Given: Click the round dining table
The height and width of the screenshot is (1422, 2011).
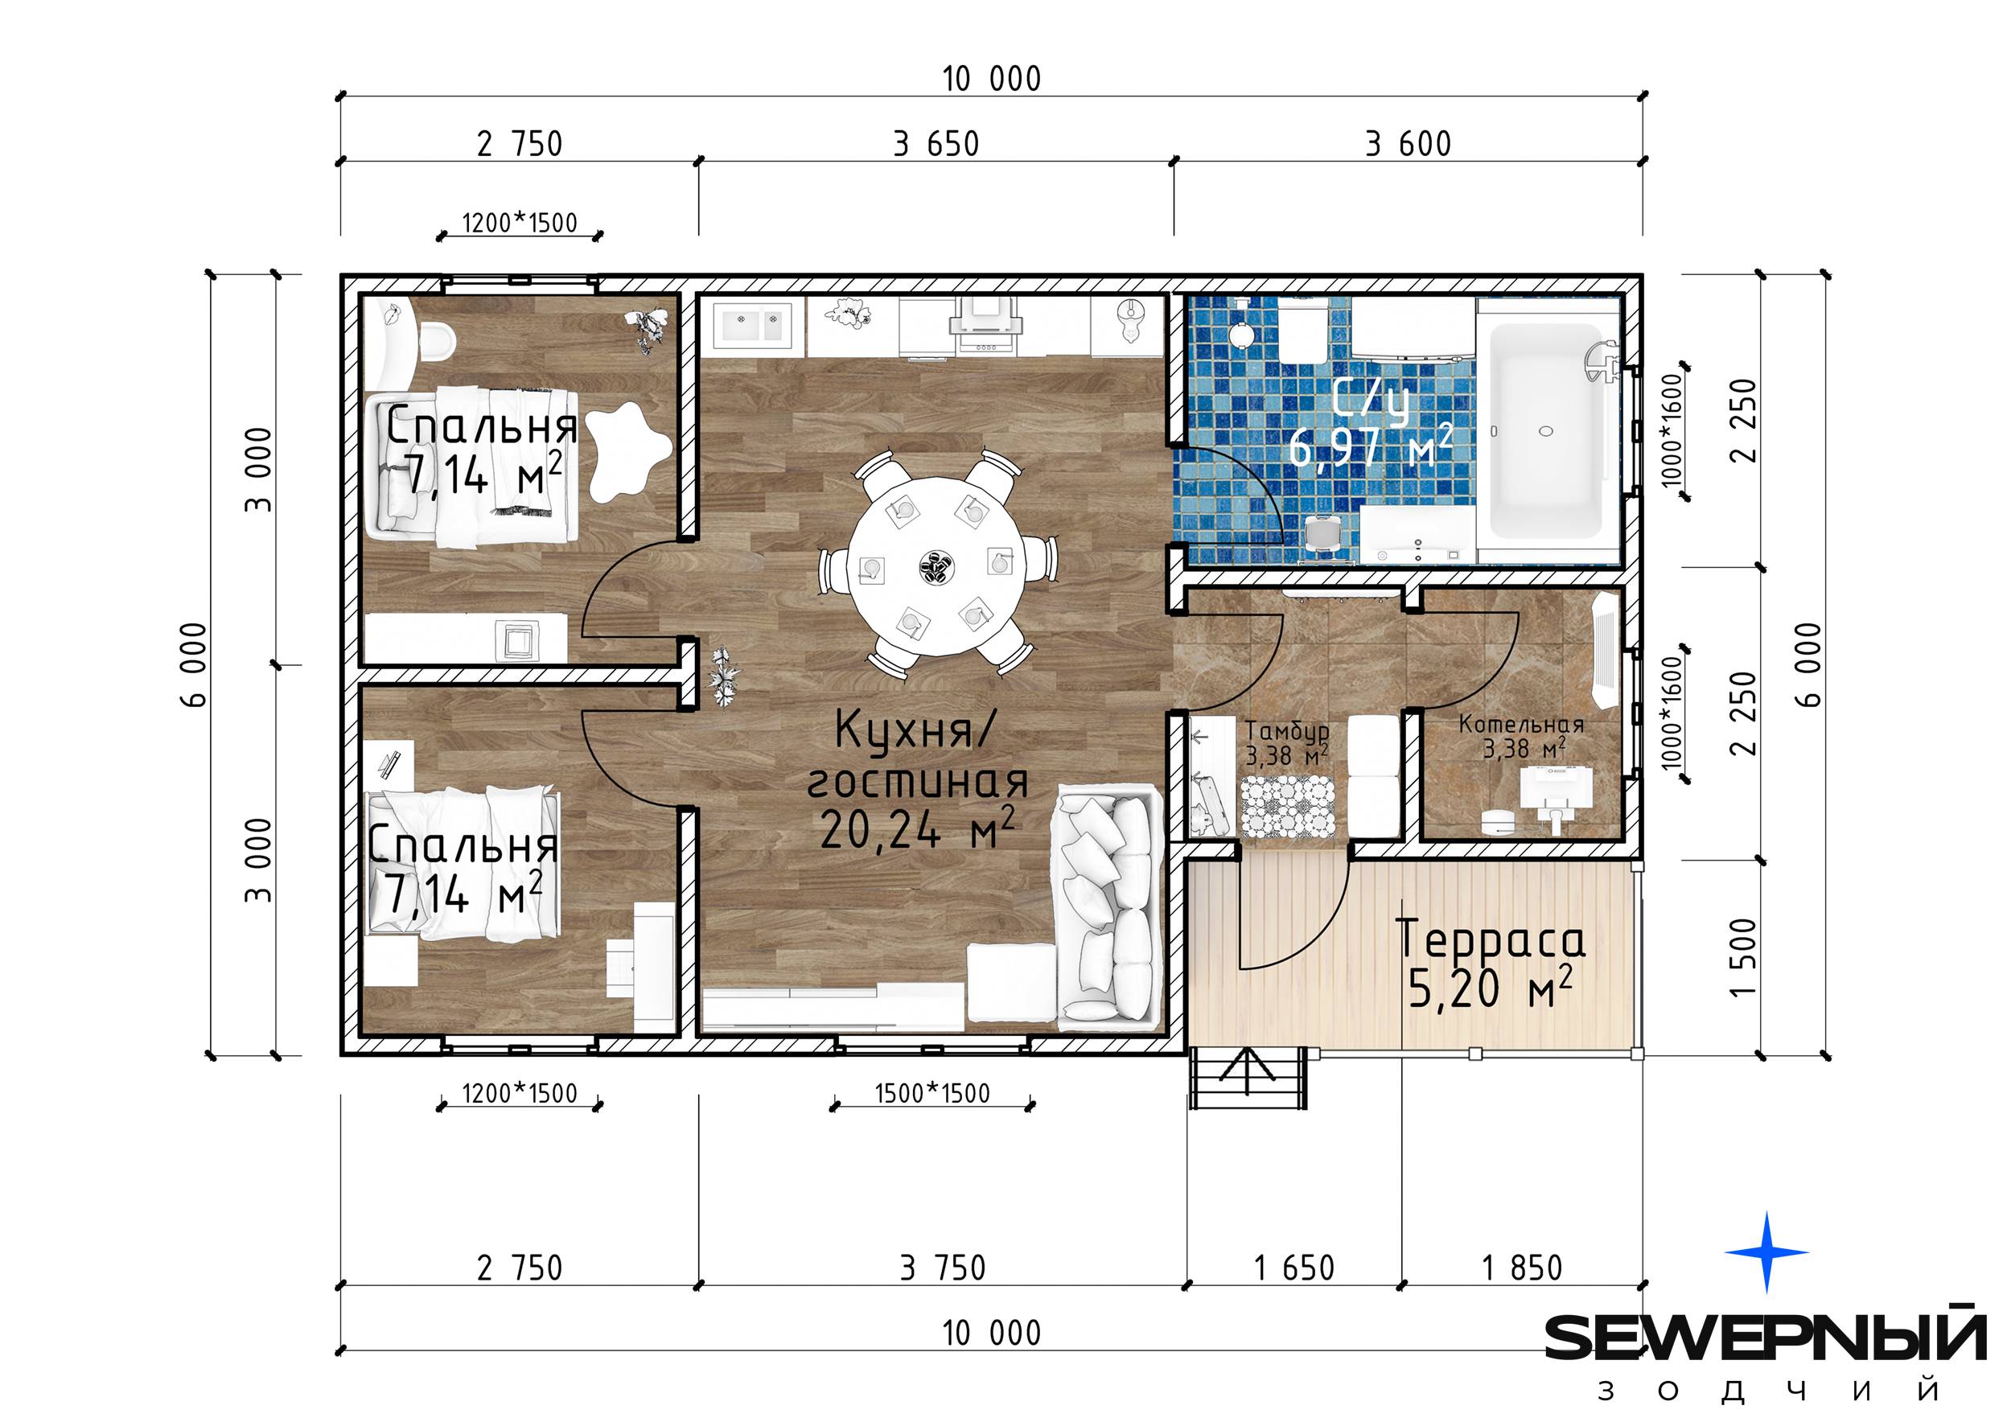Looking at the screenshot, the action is point(936,566).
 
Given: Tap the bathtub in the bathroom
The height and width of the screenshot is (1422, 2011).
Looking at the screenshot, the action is point(1547,431).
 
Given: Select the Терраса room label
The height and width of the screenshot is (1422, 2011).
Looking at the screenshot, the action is point(1490,939).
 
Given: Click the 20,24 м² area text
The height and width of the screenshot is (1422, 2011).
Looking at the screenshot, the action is point(917,828).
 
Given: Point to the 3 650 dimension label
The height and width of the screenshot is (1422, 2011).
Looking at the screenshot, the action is point(936,144).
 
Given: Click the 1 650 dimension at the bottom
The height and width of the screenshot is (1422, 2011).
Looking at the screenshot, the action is point(1293,1268).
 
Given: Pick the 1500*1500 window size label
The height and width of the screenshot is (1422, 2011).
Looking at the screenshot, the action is point(932,1094).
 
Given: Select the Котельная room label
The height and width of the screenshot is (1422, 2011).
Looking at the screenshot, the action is point(1521,725).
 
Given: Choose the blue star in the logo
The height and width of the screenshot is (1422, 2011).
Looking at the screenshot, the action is point(1766,1252).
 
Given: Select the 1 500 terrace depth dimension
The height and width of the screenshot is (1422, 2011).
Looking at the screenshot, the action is point(1744,958).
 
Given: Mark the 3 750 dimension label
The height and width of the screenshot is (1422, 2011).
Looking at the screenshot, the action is point(943,1268).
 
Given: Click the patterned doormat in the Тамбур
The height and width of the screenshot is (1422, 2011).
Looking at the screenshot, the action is point(1288,807).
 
